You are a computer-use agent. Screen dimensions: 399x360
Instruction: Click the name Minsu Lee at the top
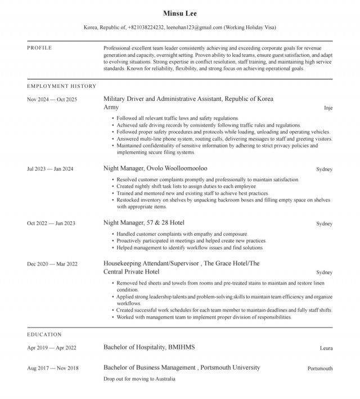click(x=179, y=13)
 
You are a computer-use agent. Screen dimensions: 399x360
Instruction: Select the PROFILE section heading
click(x=39, y=48)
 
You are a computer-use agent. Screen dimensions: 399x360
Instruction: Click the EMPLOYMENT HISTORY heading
click(x=62, y=86)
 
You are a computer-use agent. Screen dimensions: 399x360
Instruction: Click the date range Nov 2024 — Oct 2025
click(x=52, y=100)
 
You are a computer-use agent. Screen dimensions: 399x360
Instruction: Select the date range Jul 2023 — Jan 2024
click(x=50, y=169)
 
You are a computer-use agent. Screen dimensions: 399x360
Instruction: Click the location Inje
click(x=328, y=107)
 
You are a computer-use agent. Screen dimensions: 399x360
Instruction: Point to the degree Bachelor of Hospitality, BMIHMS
click(x=149, y=347)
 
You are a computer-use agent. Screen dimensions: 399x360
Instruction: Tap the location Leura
click(x=326, y=348)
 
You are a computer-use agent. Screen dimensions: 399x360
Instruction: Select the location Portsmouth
click(x=319, y=369)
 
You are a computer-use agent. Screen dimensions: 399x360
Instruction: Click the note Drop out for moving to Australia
click(x=139, y=379)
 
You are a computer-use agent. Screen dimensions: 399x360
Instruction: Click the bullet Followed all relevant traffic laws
click(x=168, y=118)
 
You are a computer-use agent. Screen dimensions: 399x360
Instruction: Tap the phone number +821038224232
click(x=146, y=27)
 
